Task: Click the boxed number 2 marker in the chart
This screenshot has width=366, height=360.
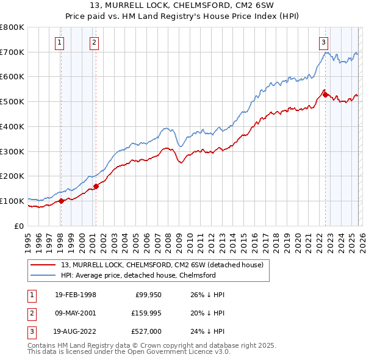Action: (95, 42)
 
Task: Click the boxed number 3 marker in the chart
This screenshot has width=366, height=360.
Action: (323, 42)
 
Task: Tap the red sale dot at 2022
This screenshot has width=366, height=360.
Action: (325, 95)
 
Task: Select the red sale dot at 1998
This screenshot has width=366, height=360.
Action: (61, 201)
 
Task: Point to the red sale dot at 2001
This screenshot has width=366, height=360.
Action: (96, 186)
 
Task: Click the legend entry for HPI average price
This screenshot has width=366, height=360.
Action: (138, 275)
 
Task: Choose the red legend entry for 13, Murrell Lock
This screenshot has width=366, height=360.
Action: (162, 265)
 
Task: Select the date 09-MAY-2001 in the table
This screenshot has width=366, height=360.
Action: (74, 314)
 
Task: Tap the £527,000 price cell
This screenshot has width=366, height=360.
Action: (146, 333)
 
